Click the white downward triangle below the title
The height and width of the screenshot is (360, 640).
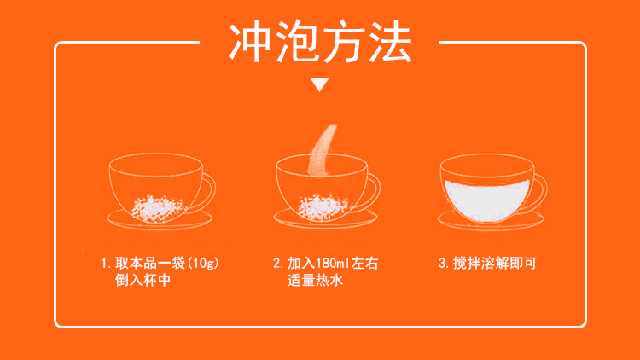(320, 84)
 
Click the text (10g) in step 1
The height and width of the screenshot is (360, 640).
(203, 264)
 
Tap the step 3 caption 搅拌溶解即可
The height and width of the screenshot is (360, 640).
(487, 264)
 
